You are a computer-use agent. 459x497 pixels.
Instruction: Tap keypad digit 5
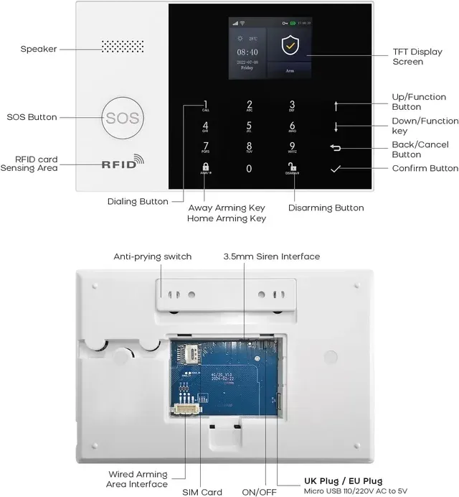click(x=249, y=126)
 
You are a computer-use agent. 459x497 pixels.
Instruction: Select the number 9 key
click(x=292, y=147)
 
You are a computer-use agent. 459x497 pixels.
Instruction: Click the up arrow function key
click(x=336, y=106)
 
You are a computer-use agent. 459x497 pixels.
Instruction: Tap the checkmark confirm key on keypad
click(x=336, y=169)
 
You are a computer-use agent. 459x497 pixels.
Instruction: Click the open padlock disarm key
click(x=292, y=169)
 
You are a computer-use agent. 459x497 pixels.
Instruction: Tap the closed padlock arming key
click(x=205, y=169)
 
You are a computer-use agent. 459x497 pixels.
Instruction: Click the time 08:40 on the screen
click(x=247, y=53)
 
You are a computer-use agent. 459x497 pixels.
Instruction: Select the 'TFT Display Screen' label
click(x=417, y=57)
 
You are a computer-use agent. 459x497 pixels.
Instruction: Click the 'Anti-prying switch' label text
click(x=152, y=256)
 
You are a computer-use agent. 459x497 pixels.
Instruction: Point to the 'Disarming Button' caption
click(x=326, y=208)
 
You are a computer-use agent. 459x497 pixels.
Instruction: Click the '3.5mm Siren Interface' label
click(x=271, y=256)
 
